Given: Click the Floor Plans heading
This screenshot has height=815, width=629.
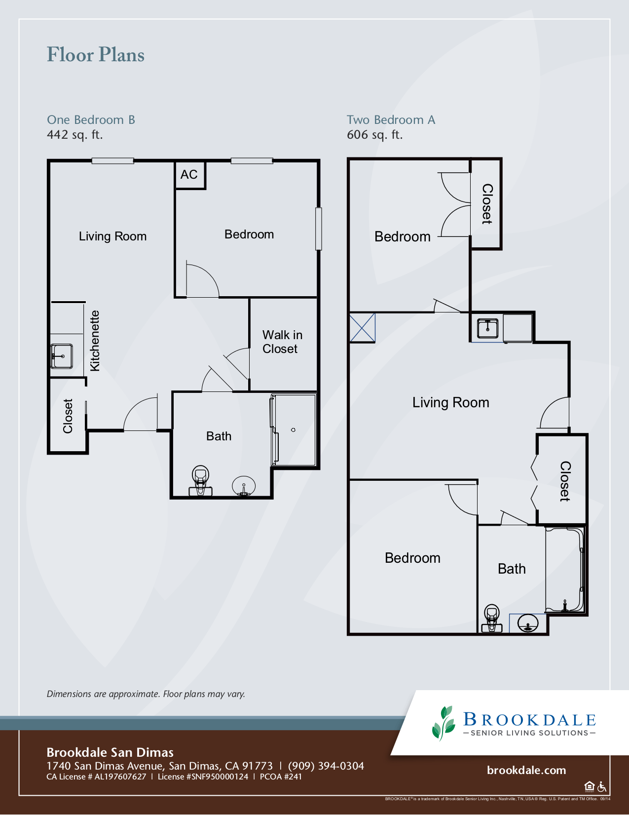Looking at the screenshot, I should coord(96,55).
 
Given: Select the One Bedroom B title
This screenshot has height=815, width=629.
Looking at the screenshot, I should coord(91,120).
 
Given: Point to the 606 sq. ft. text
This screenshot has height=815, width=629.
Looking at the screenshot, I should coord(374,135).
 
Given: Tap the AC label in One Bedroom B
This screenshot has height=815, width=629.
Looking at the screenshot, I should coord(189,175).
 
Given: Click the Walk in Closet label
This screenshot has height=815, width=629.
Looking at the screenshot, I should coord(282,342).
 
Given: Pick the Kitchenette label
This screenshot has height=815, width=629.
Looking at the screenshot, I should coord(95,341).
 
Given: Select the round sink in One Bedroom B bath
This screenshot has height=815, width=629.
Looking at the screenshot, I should coord(244,485).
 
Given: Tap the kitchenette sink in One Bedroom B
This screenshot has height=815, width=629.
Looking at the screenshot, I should coord(62,356).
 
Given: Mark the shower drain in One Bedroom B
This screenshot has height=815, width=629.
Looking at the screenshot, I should coord(293,430).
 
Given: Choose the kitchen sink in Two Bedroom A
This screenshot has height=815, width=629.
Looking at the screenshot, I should coord(487,328).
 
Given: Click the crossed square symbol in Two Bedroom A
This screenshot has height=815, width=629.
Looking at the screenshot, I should coord(363,327).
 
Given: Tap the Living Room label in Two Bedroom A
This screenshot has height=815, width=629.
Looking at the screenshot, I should coord(450,403).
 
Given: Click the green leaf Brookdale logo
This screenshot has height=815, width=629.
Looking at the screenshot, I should coord(444,723).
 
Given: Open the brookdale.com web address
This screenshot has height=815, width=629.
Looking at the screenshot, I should coord(526,770).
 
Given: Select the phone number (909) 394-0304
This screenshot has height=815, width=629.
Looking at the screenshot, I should coord(326,766).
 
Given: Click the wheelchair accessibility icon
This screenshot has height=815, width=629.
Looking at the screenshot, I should coord(602,786).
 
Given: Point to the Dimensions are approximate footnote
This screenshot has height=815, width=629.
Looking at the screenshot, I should coord(146,694).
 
